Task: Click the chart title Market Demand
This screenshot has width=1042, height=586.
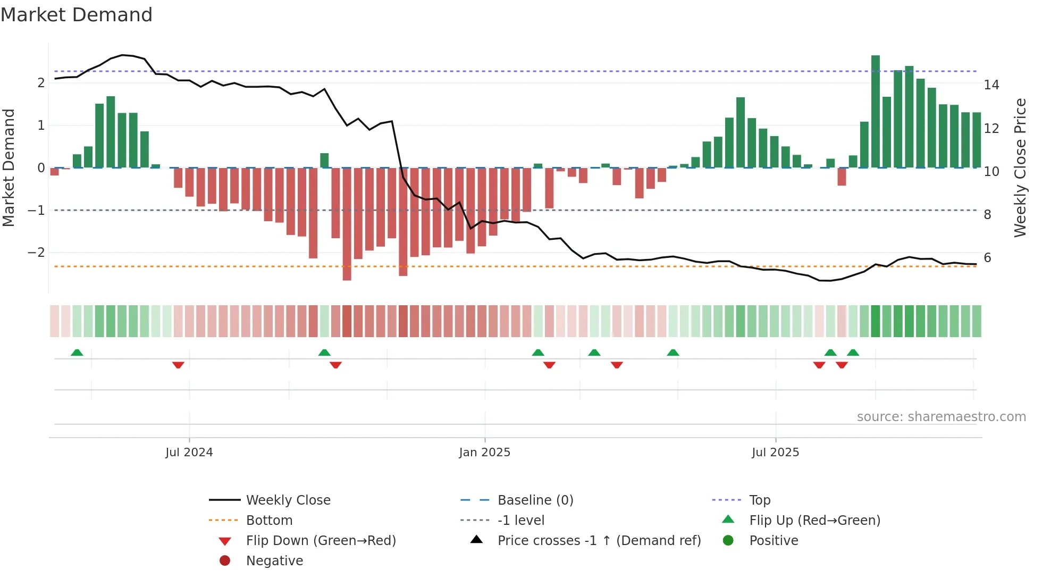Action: (77, 15)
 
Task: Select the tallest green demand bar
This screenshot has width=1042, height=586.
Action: (875, 112)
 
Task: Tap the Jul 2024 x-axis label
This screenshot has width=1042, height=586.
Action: (189, 453)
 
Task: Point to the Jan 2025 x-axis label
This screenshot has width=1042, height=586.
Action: (484, 453)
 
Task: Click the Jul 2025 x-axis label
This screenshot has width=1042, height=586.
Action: (775, 453)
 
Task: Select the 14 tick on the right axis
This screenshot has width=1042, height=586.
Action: (991, 85)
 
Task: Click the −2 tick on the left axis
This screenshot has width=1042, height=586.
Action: (36, 253)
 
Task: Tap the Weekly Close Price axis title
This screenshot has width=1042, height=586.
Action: (1020, 168)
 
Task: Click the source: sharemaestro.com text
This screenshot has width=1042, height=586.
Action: (941, 417)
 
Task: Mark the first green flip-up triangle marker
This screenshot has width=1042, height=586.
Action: (77, 353)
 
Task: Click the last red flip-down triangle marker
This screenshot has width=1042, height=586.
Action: (842, 365)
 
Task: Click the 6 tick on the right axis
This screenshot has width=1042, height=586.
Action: (987, 258)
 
